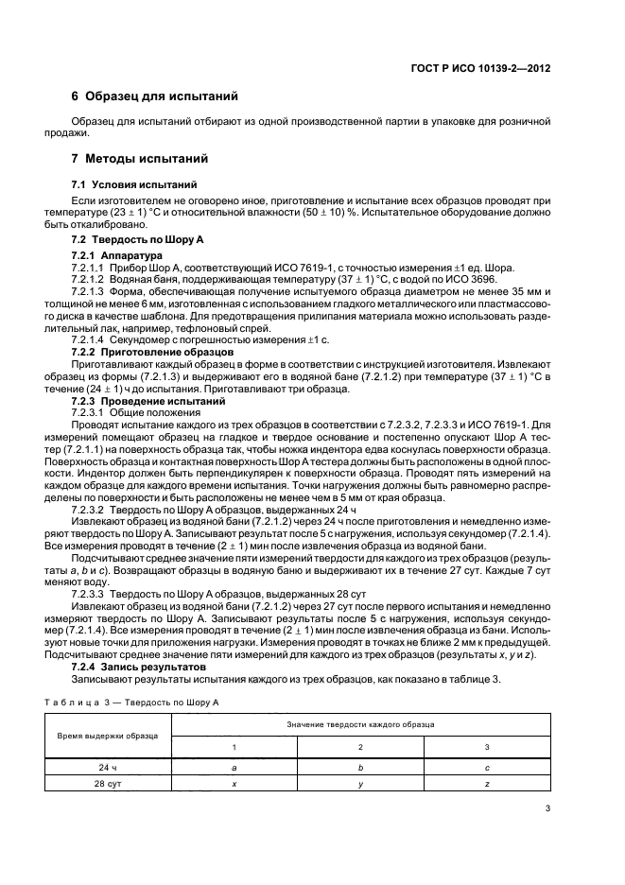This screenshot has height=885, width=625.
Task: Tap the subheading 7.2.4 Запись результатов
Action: point(138,667)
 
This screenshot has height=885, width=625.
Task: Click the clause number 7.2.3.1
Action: point(94,413)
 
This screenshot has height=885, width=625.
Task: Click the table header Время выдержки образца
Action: point(107,735)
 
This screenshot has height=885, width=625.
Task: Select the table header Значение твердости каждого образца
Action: point(362,723)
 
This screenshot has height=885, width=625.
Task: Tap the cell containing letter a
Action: point(234,768)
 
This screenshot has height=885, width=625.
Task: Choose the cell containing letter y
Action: point(359,785)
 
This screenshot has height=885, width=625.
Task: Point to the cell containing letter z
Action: point(486,785)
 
